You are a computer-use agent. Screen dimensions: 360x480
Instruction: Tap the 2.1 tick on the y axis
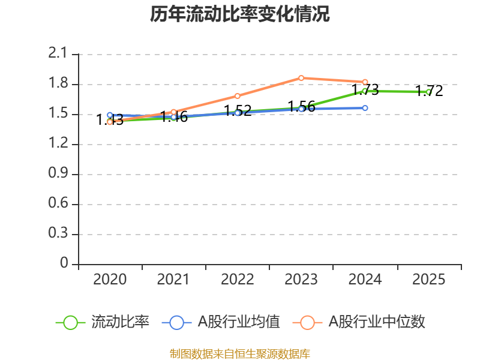(x=59, y=54)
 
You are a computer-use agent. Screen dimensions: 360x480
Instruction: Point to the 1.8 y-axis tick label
(x=59, y=84)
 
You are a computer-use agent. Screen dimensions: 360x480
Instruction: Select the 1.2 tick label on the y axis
(x=59, y=144)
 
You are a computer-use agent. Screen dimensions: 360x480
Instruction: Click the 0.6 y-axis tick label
(x=59, y=204)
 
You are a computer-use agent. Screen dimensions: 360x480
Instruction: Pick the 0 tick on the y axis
(x=65, y=264)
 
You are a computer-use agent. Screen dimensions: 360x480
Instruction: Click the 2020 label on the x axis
(x=110, y=280)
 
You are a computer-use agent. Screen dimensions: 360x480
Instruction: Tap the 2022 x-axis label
(x=238, y=280)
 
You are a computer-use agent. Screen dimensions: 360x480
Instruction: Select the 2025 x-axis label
(x=428, y=280)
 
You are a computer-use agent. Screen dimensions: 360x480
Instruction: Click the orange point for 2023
(x=301, y=78)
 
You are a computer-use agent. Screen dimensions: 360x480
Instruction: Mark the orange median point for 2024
(x=365, y=82)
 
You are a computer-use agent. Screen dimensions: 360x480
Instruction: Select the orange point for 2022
(x=238, y=96)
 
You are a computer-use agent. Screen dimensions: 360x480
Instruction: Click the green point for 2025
(x=428, y=92)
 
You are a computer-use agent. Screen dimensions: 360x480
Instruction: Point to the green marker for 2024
(x=365, y=91)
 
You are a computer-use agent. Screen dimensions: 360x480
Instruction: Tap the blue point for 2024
(x=365, y=108)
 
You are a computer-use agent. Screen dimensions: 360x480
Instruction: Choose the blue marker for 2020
(x=110, y=115)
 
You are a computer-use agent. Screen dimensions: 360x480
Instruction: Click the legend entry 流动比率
(x=103, y=322)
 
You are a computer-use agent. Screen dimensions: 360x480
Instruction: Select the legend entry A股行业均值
(x=221, y=322)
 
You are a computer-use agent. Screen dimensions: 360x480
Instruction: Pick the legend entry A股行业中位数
(x=359, y=322)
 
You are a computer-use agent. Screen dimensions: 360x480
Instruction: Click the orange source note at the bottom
(x=239, y=354)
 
